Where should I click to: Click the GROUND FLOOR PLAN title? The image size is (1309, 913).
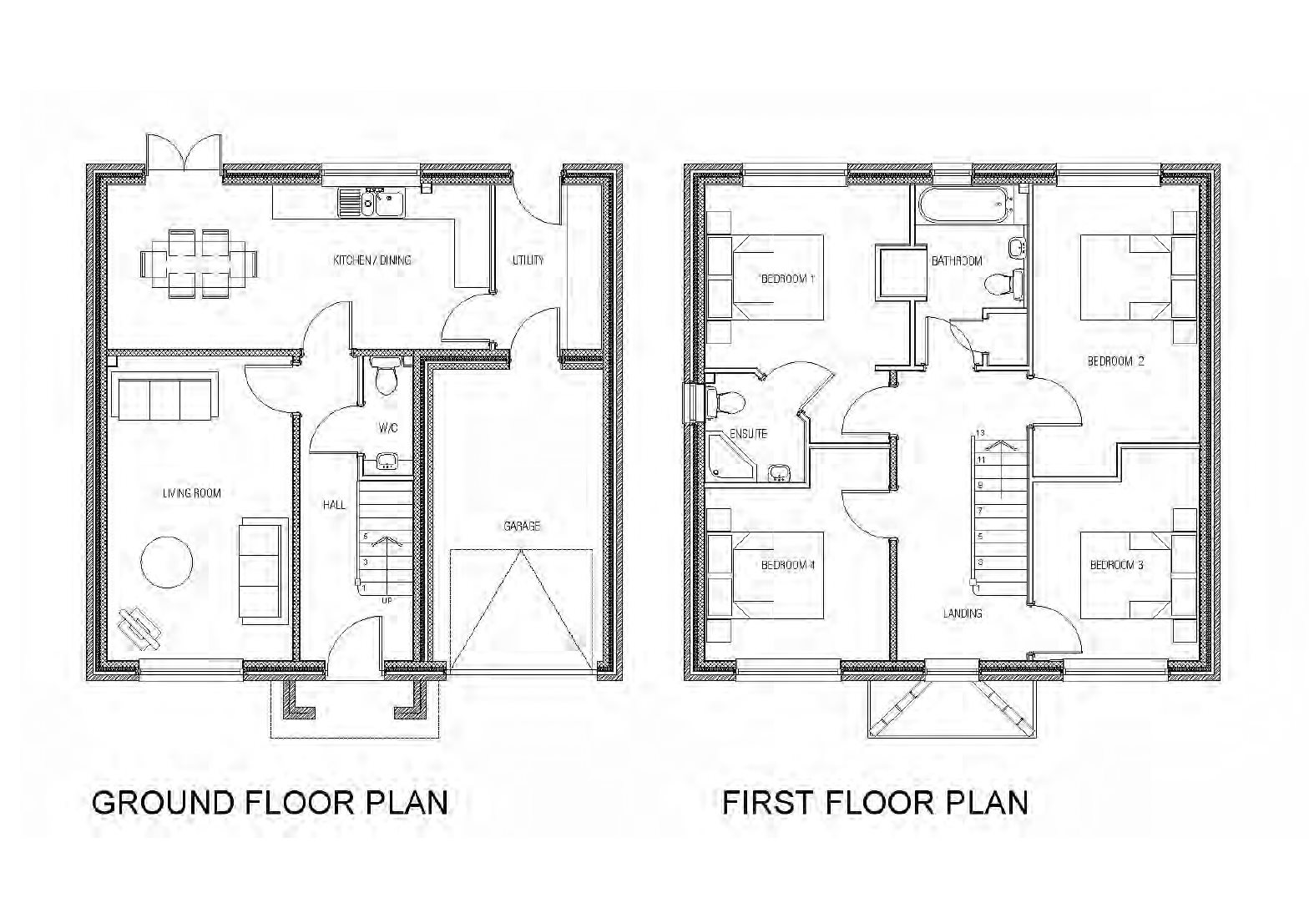pyautogui.click(x=270, y=802)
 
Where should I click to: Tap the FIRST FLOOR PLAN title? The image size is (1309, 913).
pyautogui.click(x=875, y=802)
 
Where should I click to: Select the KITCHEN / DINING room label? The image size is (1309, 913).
pyautogui.click(x=372, y=260)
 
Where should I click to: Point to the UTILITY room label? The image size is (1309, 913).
pyautogui.click(x=528, y=260)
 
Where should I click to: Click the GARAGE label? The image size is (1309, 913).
pyautogui.click(x=522, y=526)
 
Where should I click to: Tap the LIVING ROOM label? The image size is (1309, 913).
pyautogui.click(x=192, y=493)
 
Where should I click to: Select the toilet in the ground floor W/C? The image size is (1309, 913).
pyautogui.click(x=386, y=378)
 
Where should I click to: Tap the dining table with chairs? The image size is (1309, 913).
pyautogui.click(x=200, y=264)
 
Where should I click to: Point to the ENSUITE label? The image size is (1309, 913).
pyautogui.click(x=748, y=434)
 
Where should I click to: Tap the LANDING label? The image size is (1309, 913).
pyautogui.click(x=963, y=613)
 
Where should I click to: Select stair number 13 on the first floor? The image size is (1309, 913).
pyautogui.click(x=981, y=433)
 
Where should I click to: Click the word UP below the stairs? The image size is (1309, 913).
pyautogui.click(x=387, y=600)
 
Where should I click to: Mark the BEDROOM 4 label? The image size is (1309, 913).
pyautogui.click(x=787, y=565)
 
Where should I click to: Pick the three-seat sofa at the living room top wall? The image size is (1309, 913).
pyautogui.click(x=165, y=399)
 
